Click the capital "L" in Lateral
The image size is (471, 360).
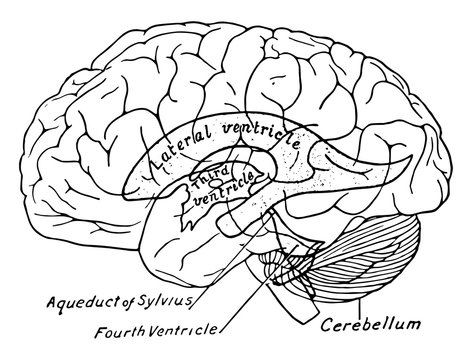coord(151,171)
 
